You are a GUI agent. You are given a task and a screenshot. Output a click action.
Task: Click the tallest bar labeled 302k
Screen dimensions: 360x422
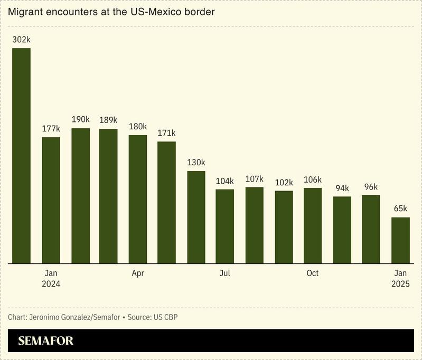click(21, 156)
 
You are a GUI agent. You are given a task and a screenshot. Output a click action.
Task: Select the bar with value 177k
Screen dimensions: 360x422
click(51, 200)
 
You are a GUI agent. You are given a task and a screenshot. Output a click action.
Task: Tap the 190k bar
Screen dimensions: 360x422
click(80, 196)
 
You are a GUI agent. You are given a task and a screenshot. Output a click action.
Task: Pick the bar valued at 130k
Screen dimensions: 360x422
click(196, 217)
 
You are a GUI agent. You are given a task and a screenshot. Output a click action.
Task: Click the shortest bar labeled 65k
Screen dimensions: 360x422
click(400, 240)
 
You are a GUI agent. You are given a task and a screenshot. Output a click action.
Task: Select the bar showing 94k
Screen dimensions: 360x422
click(342, 230)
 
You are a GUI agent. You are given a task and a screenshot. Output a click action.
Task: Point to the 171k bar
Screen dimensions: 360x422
click(166, 202)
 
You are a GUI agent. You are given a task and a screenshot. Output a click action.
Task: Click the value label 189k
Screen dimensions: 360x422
click(108, 120)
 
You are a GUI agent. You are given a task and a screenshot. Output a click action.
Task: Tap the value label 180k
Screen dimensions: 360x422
click(138, 126)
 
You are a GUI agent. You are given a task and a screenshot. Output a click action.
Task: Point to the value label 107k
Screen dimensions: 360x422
click(254, 178)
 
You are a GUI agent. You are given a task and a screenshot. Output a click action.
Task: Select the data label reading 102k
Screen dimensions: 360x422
click(284, 182)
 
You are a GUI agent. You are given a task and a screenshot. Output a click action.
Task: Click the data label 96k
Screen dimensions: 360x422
click(371, 186)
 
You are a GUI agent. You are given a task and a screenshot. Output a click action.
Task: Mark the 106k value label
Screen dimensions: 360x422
click(313, 179)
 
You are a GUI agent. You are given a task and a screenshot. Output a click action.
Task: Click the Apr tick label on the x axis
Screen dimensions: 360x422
click(138, 273)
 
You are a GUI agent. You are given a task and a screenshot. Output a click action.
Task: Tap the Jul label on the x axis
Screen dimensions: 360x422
click(225, 273)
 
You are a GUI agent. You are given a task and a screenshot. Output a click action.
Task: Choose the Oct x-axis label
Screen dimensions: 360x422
click(313, 273)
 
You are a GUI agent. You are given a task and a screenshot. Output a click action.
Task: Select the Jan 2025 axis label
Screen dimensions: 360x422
click(400, 278)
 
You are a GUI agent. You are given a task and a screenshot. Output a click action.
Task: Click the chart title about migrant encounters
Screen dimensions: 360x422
click(111, 12)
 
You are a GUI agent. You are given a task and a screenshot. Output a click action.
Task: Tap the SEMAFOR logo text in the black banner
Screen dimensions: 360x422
click(46, 341)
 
